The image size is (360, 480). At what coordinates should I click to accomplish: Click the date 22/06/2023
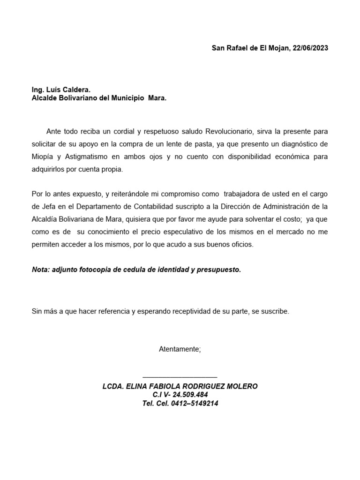pyautogui.click(x=310, y=48)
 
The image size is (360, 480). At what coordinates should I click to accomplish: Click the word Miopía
pyautogui.click(x=42, y=157)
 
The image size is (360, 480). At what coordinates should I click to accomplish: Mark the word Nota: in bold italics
pyautogui.click(x=42, y=270)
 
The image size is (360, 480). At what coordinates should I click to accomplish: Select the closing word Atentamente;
pyautogui.click(x=180, y=349)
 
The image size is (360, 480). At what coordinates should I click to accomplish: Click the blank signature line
pyautogui.click(x=180, y=376)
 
